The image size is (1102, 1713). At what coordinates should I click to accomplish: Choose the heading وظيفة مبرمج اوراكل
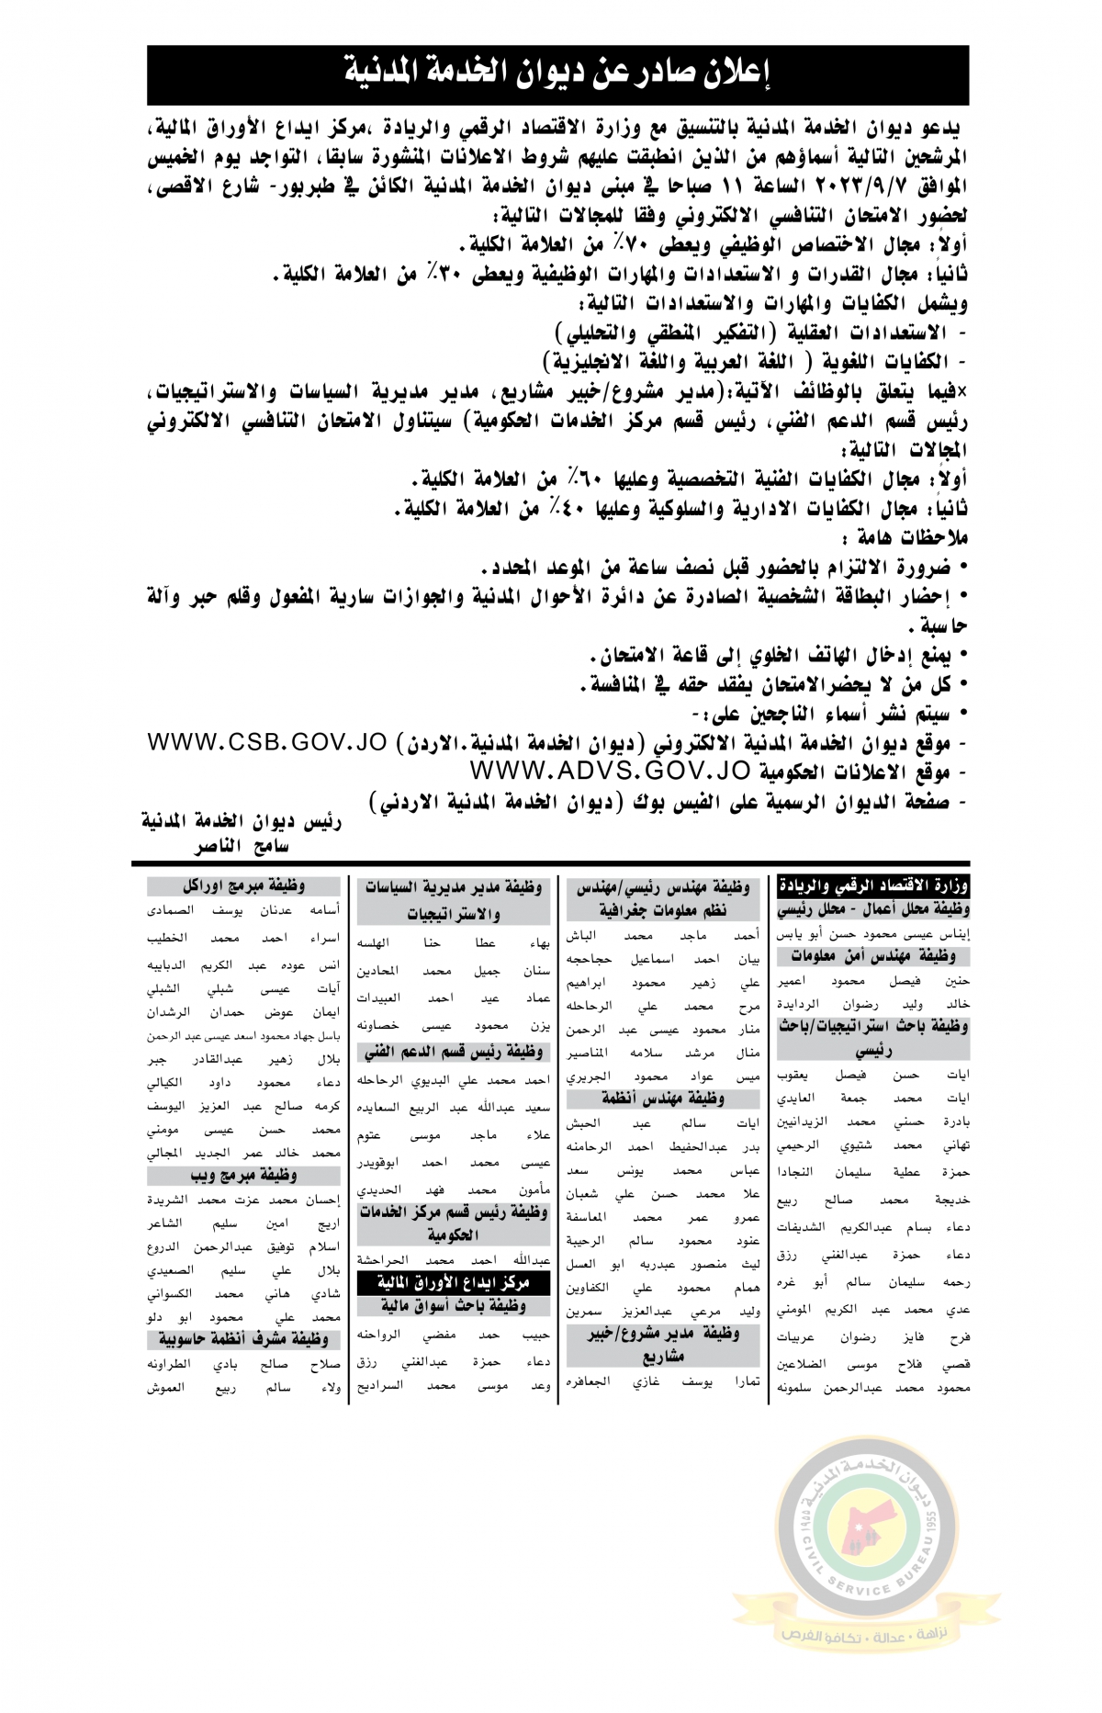click(x=242, y=886)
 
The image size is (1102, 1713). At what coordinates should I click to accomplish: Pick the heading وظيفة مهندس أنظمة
click(x=663, y=1099)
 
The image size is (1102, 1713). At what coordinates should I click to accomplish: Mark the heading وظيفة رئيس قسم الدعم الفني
click(x=454, y=1053)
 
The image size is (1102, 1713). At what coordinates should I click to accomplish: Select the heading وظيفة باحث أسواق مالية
click(x=455, y=1305)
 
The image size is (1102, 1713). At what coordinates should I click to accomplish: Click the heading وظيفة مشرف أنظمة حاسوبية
click(x=242, y=1338)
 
